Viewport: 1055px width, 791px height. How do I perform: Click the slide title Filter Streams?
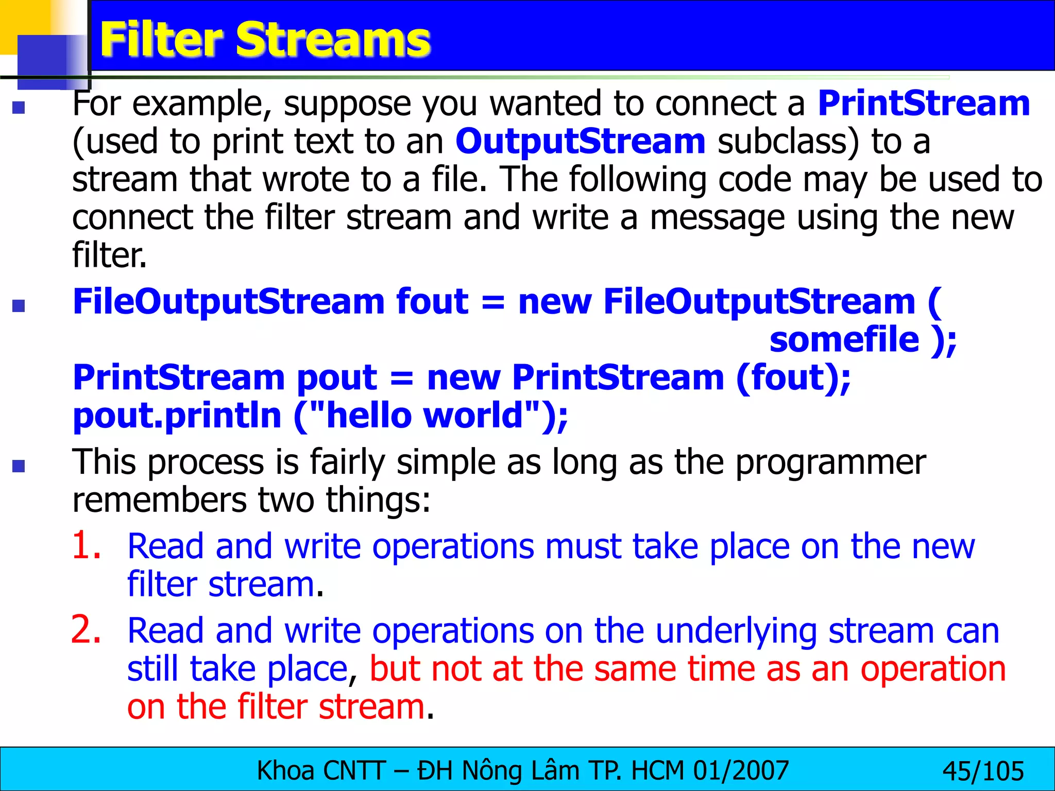coord(265,40)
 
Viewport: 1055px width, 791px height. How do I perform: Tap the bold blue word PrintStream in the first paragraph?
coord(924,104)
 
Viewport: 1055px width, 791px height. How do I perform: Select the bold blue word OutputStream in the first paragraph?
coord(580,142)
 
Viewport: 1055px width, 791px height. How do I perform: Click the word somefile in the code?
coord(844,340)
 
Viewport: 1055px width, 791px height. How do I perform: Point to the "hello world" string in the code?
coord(426,416)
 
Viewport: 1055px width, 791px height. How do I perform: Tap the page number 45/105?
coord(983,771)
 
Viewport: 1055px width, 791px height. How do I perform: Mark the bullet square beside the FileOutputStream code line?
coord(19,306)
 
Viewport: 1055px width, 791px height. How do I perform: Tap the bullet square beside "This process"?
coord(19,466)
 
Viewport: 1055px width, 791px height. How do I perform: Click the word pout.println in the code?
coord(177,416)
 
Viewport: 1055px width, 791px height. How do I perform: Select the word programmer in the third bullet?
coord(830,462)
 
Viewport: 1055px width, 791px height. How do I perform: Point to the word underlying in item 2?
coord(736,631)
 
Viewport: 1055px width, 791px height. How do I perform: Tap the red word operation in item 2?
coord(933,669)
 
